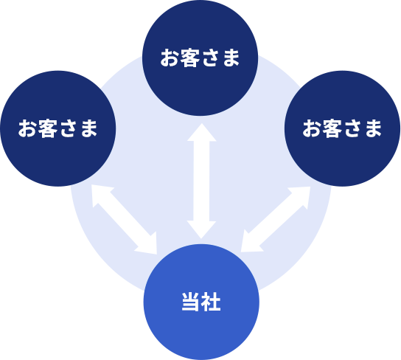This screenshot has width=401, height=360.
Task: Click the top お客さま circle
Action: [x=200, y=58]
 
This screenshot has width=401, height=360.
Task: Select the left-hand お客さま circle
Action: [x=58, y=128]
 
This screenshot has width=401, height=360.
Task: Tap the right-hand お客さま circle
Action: [x=343, y=128]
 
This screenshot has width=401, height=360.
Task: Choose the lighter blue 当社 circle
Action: [x=201, y=302]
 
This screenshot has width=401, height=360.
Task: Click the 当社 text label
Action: [x=201, y=302]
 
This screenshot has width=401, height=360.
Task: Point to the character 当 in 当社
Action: [x=191, y=302]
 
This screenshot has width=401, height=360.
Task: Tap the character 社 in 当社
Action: [x=211, y=302]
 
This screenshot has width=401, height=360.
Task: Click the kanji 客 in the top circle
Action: [x=189, y=58]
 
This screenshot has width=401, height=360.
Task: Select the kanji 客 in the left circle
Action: [x=48, y=128]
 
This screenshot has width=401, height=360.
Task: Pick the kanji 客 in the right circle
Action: [x=332, y=128]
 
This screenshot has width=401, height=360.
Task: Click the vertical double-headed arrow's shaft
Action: [x=201, y=181]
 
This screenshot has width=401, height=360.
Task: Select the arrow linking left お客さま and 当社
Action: [x=124, y=219]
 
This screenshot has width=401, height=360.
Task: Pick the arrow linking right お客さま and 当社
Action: [x=276, y=219]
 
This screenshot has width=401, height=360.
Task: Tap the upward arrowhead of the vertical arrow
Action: [x=202, y=132]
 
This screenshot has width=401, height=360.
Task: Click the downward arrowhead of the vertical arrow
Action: [x=201, y=229]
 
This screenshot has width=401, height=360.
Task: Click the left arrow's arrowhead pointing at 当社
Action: [x=148, y=245]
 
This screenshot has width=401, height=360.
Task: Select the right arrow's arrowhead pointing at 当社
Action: [x=249, y=243]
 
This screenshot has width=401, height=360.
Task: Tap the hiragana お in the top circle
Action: [x=170, y=58]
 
